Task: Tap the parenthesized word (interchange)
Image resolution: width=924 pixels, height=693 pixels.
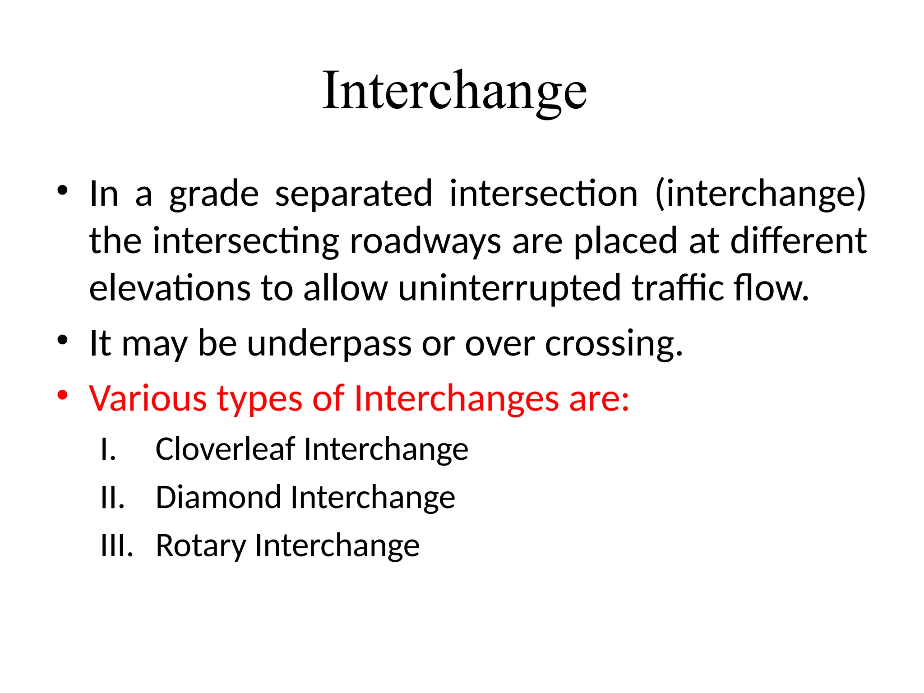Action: click(760, 194)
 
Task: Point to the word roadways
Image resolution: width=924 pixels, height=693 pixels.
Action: click(425, 242)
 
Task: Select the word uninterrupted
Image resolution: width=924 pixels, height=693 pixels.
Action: click(509, 289)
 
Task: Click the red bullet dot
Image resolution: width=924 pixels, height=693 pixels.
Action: click(62, 395)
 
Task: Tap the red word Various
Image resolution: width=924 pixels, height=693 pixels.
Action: click(148, 399)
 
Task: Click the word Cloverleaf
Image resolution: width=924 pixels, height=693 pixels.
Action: click(225, 449)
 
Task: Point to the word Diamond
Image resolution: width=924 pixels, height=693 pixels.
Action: click(218, 497)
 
